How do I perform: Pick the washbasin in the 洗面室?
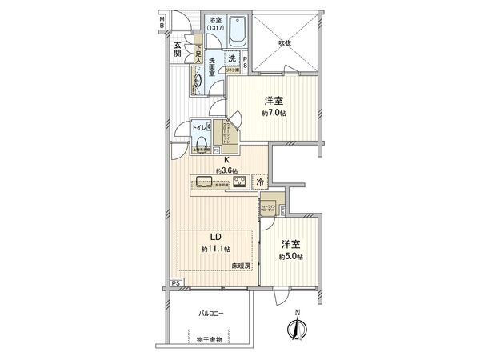click(198, 80)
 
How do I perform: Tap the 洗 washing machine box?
click(231, 58)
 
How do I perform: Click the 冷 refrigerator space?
click(261, 182)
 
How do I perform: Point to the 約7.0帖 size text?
click(274, 113)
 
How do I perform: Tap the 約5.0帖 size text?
click(289, 256)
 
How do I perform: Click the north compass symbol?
click(298, 326)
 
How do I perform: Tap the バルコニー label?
click(211, 314)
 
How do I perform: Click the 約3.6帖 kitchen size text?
click(226, 170)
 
